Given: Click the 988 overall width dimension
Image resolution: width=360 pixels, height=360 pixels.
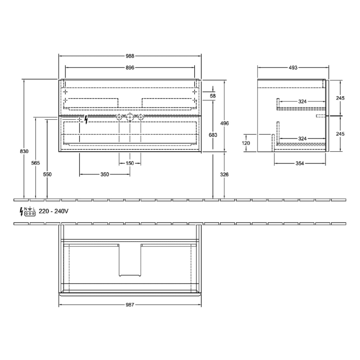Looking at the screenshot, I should (130, 56).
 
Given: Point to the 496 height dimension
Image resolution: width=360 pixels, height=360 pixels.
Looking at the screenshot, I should (225, 124).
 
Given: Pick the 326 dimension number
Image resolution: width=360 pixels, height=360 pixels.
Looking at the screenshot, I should (224, 175).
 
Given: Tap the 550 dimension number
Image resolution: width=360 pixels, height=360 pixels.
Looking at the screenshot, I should (47, 174).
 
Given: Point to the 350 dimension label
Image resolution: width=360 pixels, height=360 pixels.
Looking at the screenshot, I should (104, 175).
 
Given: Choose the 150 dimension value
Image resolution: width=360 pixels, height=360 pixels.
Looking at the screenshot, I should (130, 164).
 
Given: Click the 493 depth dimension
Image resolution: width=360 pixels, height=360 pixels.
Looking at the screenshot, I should (293, 67).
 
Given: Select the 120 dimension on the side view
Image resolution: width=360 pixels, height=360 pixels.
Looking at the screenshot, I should (246, 142).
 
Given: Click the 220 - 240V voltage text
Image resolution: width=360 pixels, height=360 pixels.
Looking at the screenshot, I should (53, 211).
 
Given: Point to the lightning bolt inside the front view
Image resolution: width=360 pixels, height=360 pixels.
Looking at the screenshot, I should (86, 119).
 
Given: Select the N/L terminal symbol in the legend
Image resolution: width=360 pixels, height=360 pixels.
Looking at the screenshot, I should (30, 211).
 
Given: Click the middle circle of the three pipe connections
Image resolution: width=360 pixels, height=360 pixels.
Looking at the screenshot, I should (130, 118).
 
